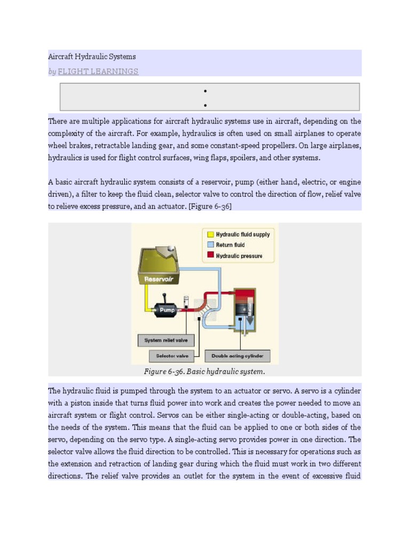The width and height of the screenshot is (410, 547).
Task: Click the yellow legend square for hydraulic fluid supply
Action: tap(210, 234)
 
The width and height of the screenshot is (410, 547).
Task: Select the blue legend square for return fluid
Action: tap(210, 245)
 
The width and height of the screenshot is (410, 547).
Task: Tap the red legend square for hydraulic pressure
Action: tap(210, 255)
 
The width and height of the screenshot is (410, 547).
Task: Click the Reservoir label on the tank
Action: tap(159, 278)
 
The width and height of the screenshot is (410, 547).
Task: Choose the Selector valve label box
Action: tap(172, 355)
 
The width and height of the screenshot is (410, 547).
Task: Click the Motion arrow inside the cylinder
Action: tap(249, 309)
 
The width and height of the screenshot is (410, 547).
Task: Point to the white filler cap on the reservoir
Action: tap(171, 248)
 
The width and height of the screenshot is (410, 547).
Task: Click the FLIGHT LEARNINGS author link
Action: tap(98, 72)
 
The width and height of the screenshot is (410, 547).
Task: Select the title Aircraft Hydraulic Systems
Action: tap(92, 57)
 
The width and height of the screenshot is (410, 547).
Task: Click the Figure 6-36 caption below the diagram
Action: tap(204, 371)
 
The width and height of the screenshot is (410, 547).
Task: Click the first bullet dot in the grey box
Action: tap(205, 91)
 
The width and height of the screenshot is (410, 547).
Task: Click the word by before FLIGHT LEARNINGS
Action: tap(52, 72)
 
